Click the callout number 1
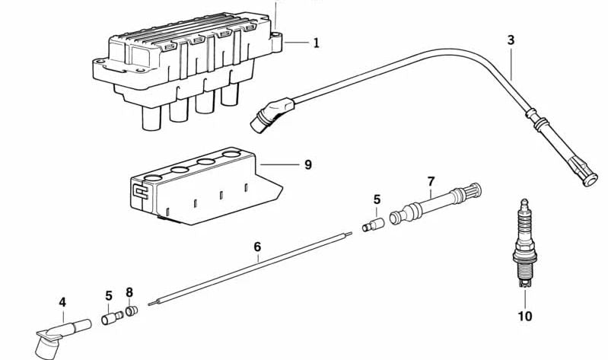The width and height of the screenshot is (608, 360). click(317, 43)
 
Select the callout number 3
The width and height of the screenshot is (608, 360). click(511, 40)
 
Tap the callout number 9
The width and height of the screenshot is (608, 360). click(308, 165)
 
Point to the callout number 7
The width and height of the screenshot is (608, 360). click(431, 181)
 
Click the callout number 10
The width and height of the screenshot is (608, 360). click(525, 316)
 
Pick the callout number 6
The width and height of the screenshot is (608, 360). click(257, 247)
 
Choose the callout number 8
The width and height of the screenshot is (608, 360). click(129, 292)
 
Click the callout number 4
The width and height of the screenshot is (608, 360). click(62, 302)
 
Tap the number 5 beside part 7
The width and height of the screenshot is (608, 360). click(377, 199)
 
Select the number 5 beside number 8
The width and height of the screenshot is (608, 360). click(109, 295)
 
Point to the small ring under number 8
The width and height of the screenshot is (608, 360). click(132, 311)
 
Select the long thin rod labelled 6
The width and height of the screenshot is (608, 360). click(250, 269)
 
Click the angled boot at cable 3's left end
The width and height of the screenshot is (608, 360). click(272, 114)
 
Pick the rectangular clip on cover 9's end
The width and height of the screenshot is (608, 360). click(140, 192)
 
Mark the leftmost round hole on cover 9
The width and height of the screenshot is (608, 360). click(152, 178)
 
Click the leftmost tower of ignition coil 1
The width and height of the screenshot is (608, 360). click(151, 117)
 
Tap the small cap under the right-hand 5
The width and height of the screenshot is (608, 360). click(373, 225)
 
